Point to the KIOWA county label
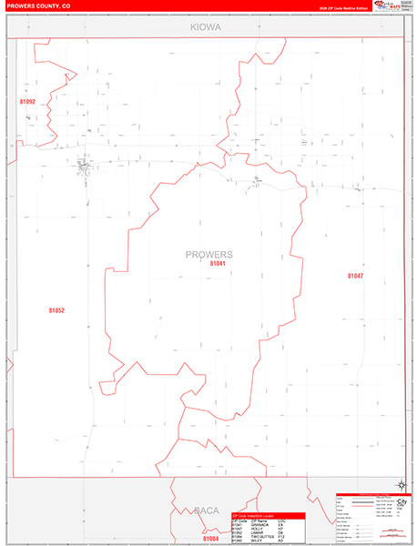(x=206, y=28)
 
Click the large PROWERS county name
(x=208, y=254)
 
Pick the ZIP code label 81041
(x=217, y=263)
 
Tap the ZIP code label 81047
(x=354, y=275)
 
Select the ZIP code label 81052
(x=56, y=310)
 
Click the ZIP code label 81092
(x=27, y=102)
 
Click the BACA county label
(x=206, y=511)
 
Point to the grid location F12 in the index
(x=283, y=536)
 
